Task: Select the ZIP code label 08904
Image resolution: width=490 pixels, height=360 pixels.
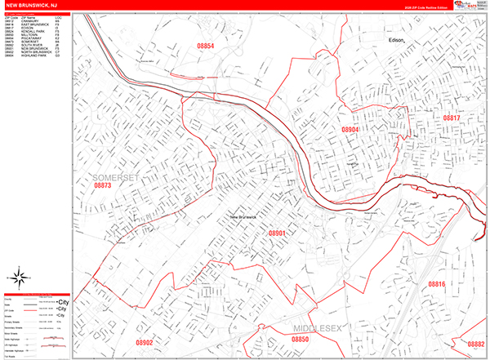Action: click(x=350, y=130)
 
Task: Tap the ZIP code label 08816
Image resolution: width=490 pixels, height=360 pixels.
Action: click(x=437, y=284)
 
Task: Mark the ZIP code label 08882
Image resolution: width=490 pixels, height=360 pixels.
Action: click(x=474, y=344)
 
